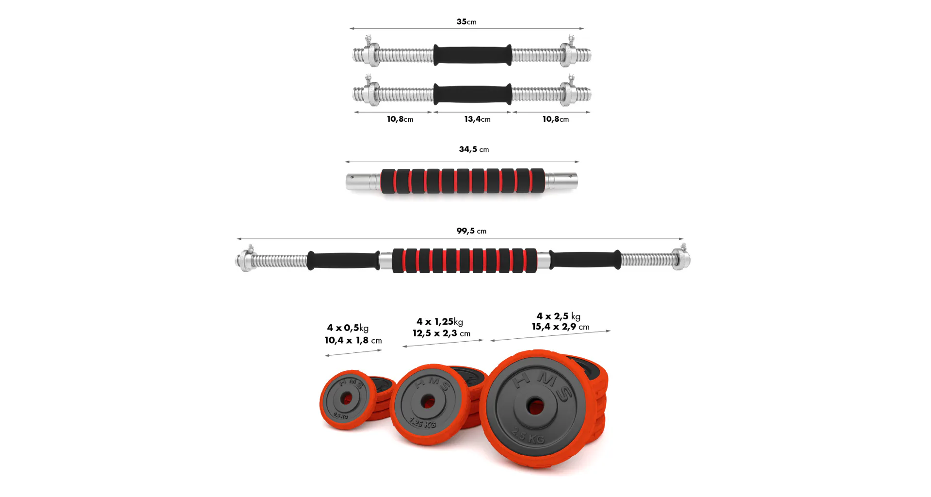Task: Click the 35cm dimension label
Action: coord(466,22)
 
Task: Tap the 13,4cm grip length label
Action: coord(477,119)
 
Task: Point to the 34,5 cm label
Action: coord(474,149)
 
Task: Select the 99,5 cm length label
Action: coord(471,231)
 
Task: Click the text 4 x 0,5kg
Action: coord(348,328)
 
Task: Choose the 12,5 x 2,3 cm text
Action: coord(441,333)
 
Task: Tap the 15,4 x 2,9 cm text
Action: coord(561,327)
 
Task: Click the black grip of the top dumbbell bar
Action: coord(472,55)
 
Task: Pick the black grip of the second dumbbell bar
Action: coord(472,94)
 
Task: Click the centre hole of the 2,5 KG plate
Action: coord(535,406)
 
